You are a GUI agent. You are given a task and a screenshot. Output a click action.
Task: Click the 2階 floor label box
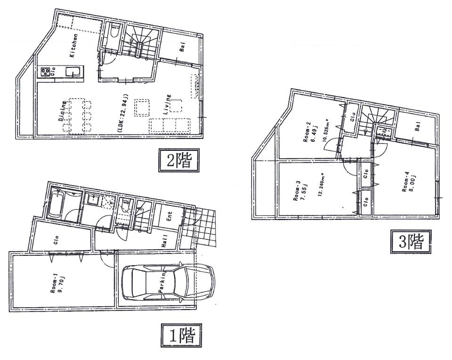pos(177,161)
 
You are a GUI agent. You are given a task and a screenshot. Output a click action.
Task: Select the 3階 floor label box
pos(410,242)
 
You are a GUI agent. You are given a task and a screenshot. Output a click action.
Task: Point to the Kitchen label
pos(74,46)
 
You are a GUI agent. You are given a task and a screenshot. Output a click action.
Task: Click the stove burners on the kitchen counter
pos(46,72)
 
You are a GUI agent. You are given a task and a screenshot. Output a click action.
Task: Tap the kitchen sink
pos(73,72)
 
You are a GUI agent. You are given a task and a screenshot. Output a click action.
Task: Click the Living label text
pos(167,106)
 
